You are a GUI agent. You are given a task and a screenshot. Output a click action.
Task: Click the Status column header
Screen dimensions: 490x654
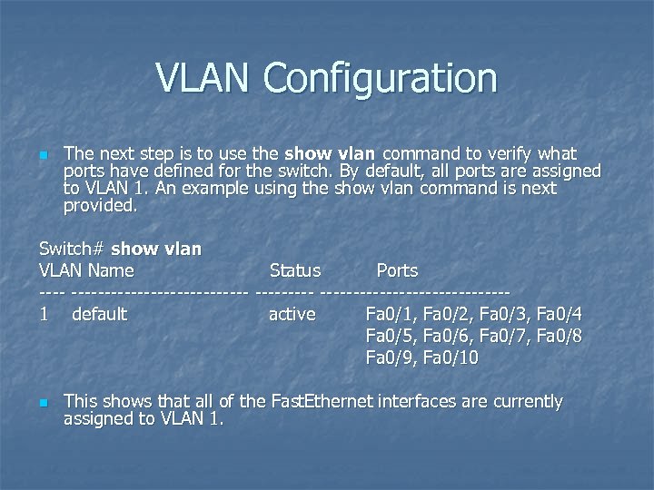(x=295, y=270)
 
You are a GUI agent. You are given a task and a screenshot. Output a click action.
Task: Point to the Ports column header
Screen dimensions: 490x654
(x=397, y=270)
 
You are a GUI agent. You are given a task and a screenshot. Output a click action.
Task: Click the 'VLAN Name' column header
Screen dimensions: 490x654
(x=86, y=270)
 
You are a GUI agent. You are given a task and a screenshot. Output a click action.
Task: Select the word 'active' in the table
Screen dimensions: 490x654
(x=292, y=315)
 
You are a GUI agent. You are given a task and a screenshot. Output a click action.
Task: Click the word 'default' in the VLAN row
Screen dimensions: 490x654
(x=99, y=315)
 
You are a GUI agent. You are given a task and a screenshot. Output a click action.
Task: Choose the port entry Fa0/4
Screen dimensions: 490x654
(x=560, y=315)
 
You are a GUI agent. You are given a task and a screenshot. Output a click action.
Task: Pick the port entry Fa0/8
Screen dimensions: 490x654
(x=560, y=337)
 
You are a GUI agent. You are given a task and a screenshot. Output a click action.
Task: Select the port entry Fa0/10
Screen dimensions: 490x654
(x=451, y=358)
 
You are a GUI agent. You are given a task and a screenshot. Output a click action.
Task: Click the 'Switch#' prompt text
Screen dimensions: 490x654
(x=72, y=249)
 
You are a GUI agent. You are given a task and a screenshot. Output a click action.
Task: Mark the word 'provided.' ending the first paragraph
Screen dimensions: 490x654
(x=101, y=206)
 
